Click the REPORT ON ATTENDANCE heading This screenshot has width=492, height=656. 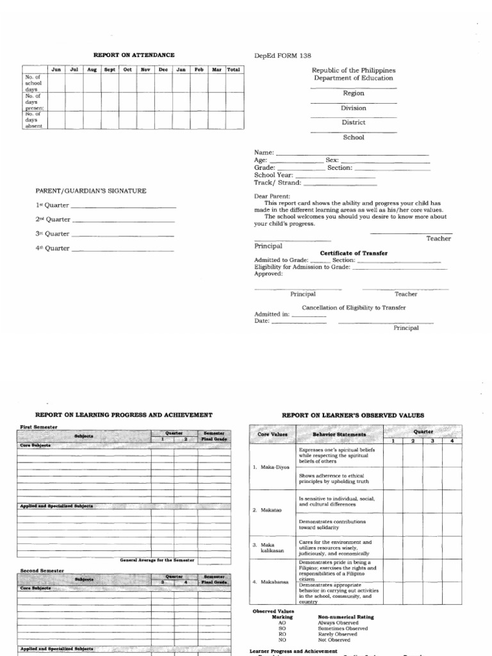click(x=134, y=56)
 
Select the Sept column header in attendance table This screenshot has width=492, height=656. click(x=110, y=69)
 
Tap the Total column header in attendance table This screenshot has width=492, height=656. click(x=234, y=69)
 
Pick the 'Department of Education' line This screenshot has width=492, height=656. click(x=353, y=78)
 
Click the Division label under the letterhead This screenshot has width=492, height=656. click(x=353, y=108)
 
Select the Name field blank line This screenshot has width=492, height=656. click(x=352, y=154)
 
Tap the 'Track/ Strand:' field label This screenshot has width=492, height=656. click(x=277, y=183)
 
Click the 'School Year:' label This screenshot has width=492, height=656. click(x=274, y=175)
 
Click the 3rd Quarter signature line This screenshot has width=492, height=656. click(x=122, y=234)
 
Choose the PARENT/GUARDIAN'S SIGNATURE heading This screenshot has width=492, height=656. click(x=90, y=191)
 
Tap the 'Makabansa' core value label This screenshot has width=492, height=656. click(x=268, y=582)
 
